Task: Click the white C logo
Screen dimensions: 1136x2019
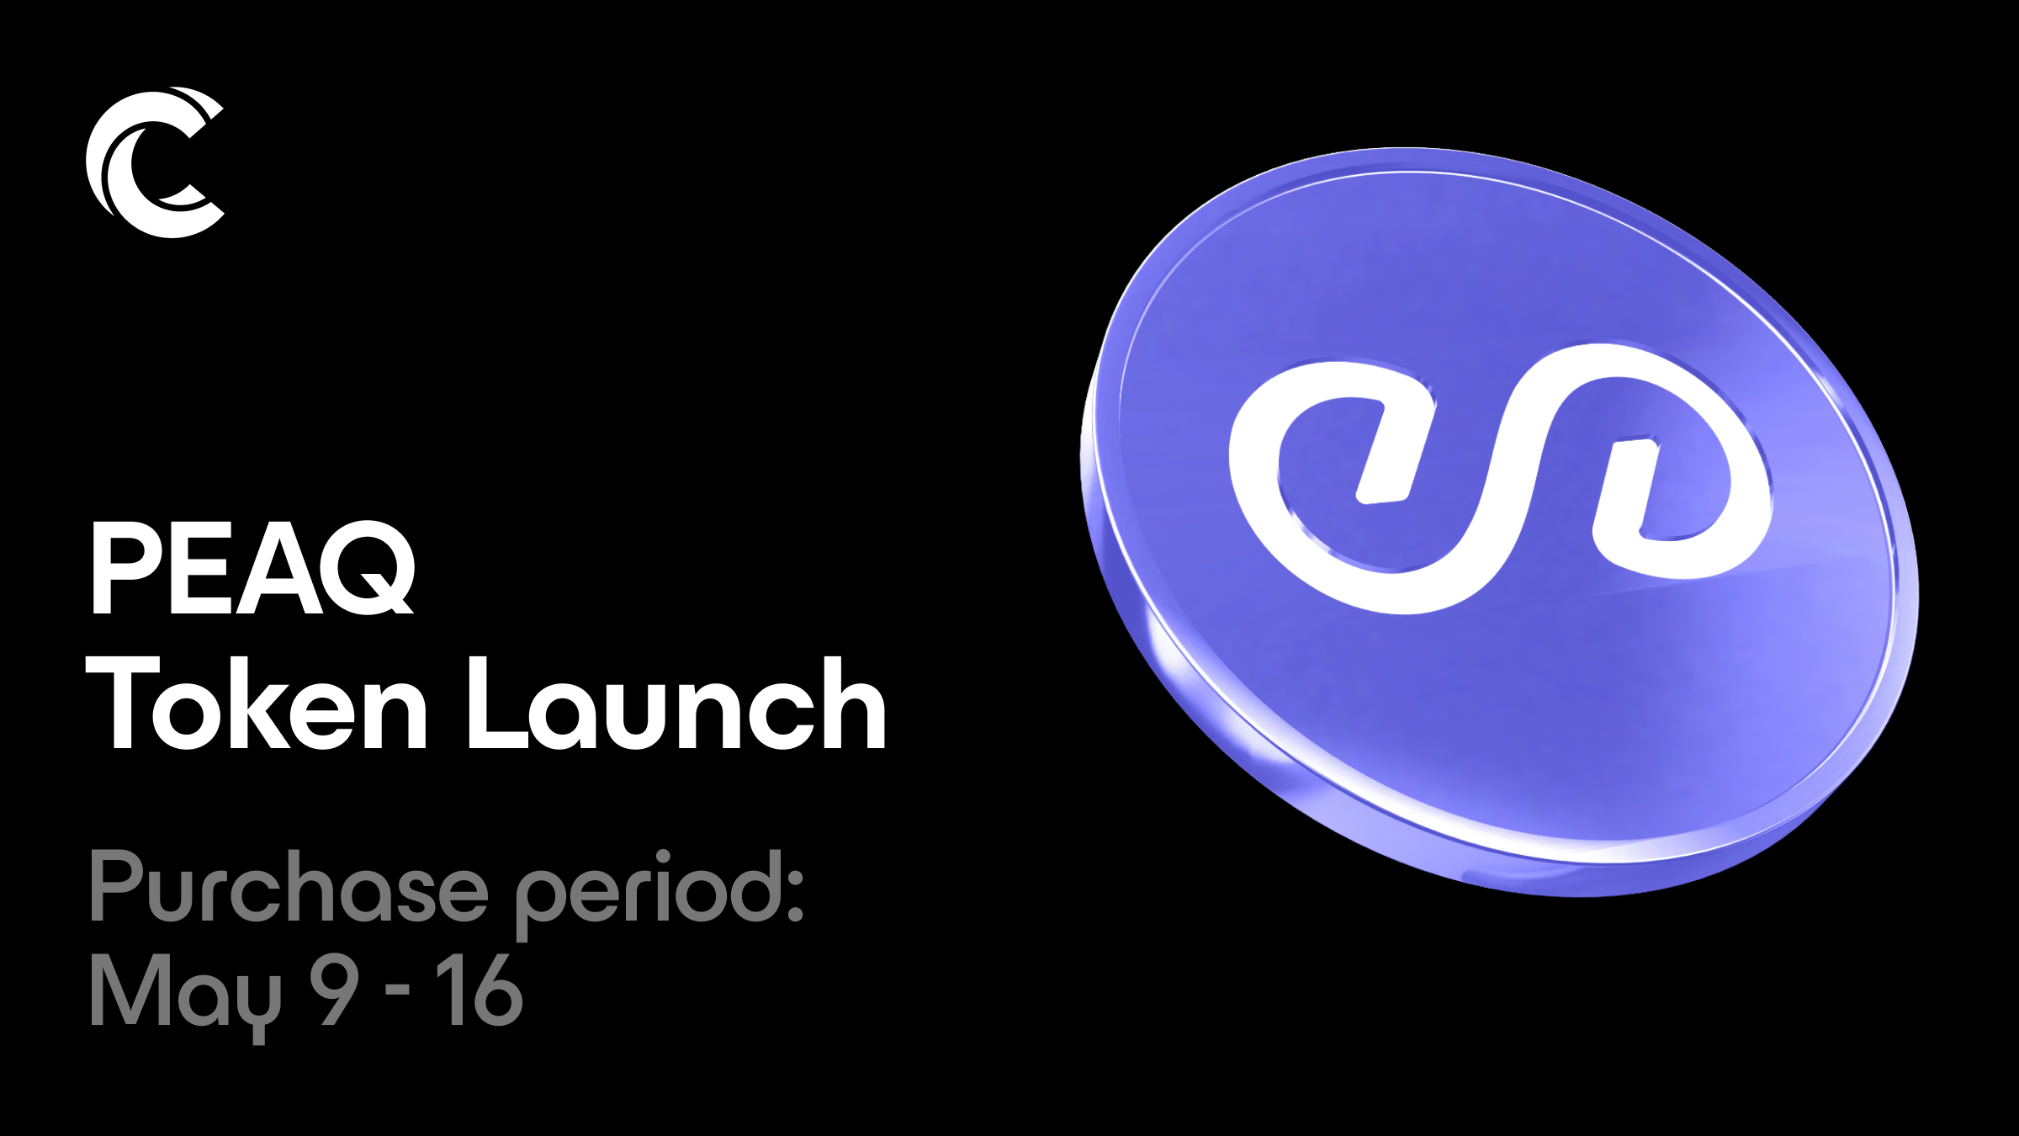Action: click(x=155, y=162)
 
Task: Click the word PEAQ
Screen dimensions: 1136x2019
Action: click(x=252, y=568)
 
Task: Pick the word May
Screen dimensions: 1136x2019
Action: click(x=185, y=993)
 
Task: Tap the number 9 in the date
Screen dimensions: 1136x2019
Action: click(x=334, y=990)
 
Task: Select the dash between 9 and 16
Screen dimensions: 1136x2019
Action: click(x=397, y=995)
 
